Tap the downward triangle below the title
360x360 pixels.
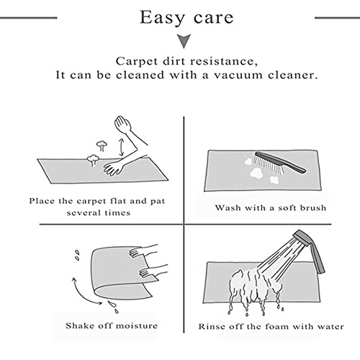[x=184, y=41]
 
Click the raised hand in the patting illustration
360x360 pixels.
[x=122, y=124]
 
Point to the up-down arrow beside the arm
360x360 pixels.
[x=122, y=147]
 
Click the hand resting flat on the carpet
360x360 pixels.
[x=113, y=167]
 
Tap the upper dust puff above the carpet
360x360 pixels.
[x=102, y=145]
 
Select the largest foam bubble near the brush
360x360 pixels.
[x=256, y=172]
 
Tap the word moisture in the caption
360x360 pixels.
[x=137, y=325]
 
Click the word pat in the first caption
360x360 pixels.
[x=158, y=201]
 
